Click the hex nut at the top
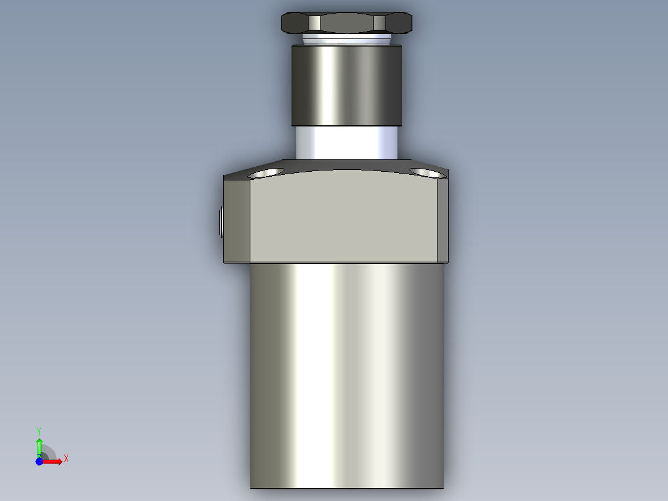pos(347,23)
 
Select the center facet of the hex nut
pos(347,24)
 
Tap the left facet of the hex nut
pos(295,24)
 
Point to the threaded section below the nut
pos(347,40)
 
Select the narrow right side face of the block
pos(442,220)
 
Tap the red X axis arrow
pos(54,461)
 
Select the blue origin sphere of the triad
pos(40,461)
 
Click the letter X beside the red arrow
pos(66,459)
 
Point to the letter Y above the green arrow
pos(39,430)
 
